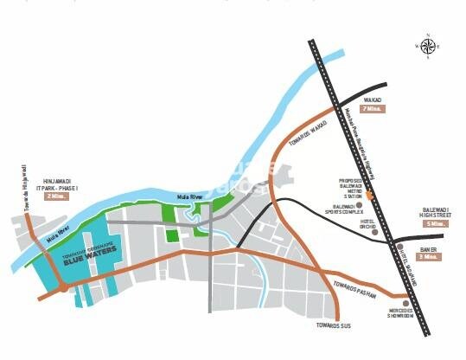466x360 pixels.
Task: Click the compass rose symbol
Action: [x=427, y=46]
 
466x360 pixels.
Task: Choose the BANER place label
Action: [x=429, y=248]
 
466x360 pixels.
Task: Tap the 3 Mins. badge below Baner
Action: [x=429, y=257]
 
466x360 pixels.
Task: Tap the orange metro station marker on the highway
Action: [x=370, y=196]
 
